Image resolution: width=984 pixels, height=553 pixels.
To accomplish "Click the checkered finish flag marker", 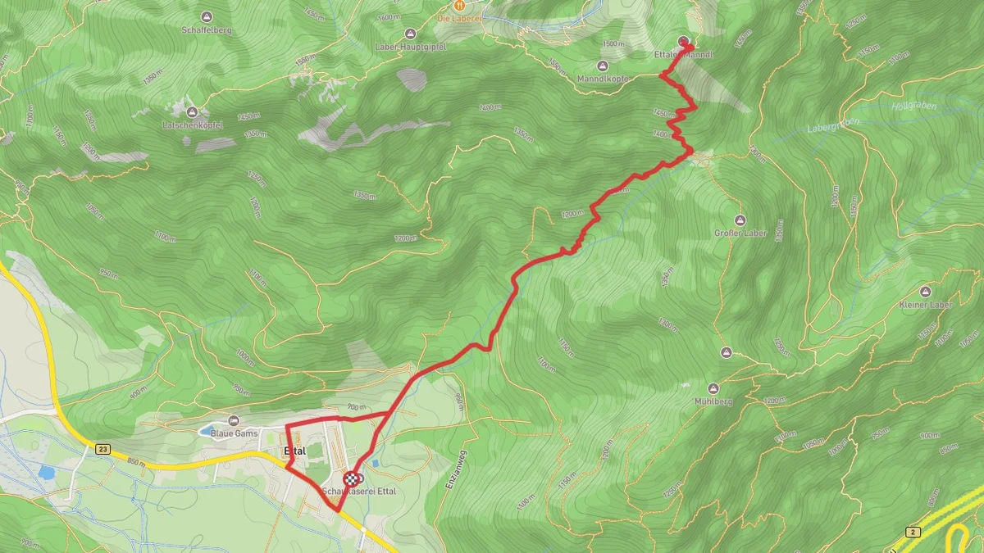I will pos(351,479).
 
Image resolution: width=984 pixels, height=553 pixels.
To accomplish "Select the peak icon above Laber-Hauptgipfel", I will pos(410,34).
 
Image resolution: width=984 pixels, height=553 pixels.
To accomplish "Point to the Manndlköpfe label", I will pos(603,79).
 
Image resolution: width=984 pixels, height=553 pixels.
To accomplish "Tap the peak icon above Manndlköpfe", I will pos(603,66).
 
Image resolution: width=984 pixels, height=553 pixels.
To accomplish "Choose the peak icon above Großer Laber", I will pos(740,220).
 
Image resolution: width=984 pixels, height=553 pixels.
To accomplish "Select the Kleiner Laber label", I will pos(926,305).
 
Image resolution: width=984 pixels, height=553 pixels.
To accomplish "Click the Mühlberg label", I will pos(712,401).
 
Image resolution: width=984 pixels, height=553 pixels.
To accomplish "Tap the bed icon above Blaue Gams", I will pos(234,420).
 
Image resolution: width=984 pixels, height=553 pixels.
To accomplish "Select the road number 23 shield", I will pos(102,449).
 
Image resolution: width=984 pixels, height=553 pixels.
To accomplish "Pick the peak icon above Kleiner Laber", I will pos(926,292).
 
